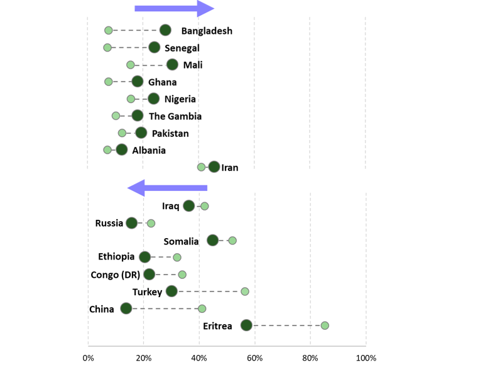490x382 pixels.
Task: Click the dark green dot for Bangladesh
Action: tap(165, 30)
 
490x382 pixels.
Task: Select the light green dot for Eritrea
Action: tap(325, 325)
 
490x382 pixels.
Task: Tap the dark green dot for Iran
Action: tap(214, 166)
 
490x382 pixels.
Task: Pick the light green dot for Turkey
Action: tap(245, 292)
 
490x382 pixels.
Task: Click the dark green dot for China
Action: tap(126, 308)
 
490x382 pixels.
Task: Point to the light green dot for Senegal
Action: tap(107, 48)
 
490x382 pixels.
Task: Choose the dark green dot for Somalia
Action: tap(213, 240)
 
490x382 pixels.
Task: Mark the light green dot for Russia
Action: tap(151, 223)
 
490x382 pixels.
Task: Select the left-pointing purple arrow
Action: tap(167, 188)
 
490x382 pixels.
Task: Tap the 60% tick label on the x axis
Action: tap(254, 358)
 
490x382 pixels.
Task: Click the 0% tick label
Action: tap(88, 358)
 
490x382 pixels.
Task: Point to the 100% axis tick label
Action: tap(366, 358)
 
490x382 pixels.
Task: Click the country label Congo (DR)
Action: tap(115, 275)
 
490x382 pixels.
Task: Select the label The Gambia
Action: tap(175, 116)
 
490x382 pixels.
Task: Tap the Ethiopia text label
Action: tap(116, 257)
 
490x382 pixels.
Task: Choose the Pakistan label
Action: tap(170, 133)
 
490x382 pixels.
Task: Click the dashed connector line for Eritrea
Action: tap(286, 325)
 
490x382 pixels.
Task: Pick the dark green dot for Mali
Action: tap(172, 65)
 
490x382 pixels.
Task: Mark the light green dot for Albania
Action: tap(107, 150)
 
